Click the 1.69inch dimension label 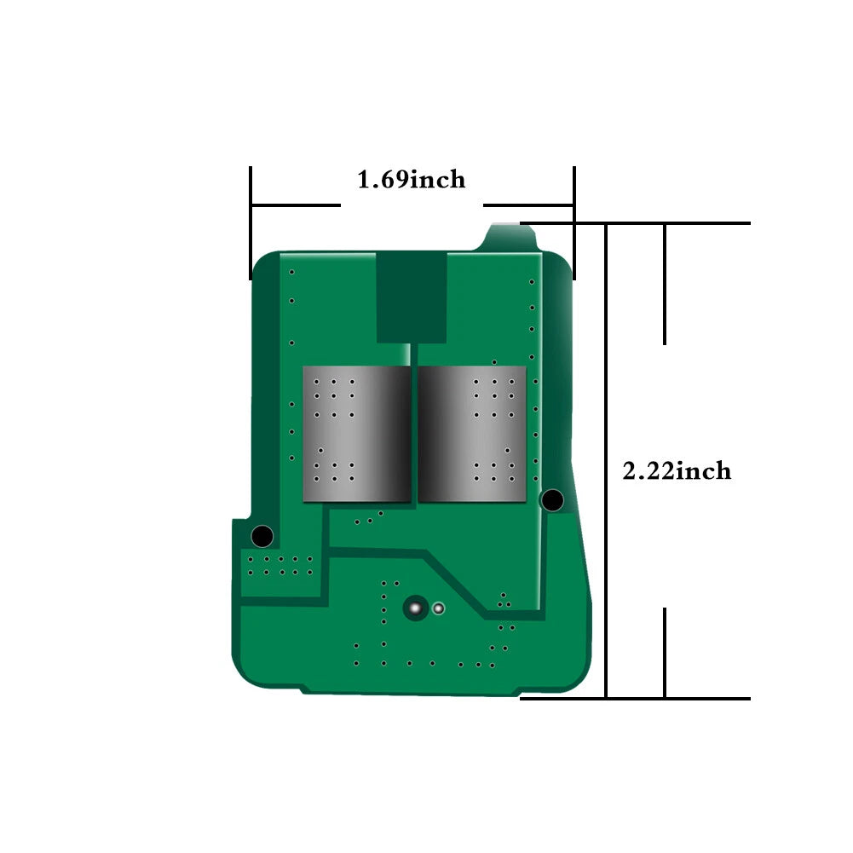point(412,180)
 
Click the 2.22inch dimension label point(677,471)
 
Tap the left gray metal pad point(356,434)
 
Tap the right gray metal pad point(472,434)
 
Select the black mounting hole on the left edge point(262,536)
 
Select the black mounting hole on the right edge point(552,500)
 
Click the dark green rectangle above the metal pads point(412,297)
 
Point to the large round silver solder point point(416,608)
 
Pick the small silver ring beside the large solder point point(439,608)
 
